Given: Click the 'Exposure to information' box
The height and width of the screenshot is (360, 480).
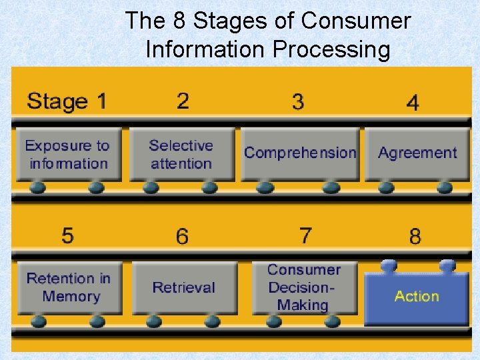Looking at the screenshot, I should click(67, 155).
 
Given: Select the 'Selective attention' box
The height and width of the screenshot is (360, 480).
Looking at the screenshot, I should click(181, 155).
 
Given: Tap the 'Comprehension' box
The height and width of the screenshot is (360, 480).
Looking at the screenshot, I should click(300, 154).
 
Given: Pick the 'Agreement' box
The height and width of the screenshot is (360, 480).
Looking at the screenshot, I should click(417, 154).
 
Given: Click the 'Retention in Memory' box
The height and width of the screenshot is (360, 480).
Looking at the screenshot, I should click(68, 287).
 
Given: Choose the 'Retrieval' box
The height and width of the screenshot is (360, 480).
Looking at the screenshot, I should click(184, 287).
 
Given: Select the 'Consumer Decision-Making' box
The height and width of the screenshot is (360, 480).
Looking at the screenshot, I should click(304, 287).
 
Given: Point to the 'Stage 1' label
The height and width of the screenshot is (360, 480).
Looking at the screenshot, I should click(67, 102).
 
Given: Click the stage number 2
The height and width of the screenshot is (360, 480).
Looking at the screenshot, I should click(183, 101).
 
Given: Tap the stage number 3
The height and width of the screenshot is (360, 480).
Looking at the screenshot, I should click(298, 102).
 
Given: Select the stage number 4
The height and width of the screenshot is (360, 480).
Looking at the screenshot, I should click(413, 103).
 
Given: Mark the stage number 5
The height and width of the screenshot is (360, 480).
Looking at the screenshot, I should click(67, 235).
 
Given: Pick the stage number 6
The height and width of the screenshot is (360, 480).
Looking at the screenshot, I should click(182, 236).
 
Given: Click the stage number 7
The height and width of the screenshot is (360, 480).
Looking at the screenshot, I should click(305, 235).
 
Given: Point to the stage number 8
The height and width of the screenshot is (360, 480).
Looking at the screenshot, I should click(415, 236).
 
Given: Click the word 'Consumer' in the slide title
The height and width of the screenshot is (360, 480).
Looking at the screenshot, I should click(356, 21).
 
